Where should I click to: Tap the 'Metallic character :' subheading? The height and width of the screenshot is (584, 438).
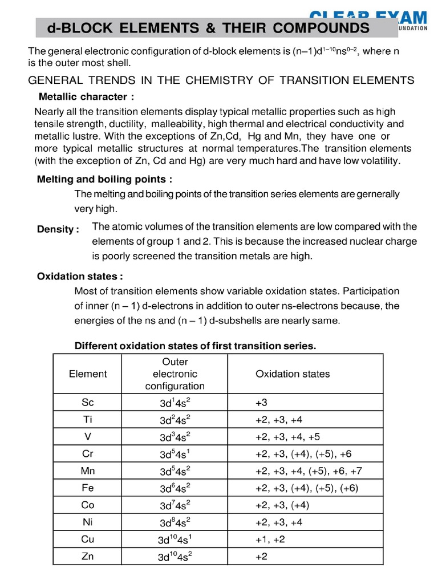click(x=86, y=96)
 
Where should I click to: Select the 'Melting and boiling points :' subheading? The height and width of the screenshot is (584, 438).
click(x=104, y=179)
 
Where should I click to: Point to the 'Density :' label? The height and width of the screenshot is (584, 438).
click(x=58, y=229)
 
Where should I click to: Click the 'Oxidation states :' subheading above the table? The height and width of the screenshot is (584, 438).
click(x=80, y=276)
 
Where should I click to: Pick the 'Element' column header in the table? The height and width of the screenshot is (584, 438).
click(x=87, y=374)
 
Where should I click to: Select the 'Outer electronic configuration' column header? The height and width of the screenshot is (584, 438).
click(x=175, y=374)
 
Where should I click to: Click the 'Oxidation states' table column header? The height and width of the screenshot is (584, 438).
click(x=293, y=374)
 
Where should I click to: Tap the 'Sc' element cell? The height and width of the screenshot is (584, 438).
click(x=87, y=403)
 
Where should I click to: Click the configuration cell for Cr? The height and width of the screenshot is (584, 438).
click(x=175, y=455)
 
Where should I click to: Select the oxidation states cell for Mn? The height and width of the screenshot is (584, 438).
click(x=309, y=471)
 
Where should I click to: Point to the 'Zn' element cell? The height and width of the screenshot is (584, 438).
click(x=87, y=556)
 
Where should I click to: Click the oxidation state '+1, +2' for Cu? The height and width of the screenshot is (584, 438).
click(x=270, y=540)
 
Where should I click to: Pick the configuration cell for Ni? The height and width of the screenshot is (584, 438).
click(x=175, y=522)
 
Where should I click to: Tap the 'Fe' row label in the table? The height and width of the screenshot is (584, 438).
click(x=87, y=488)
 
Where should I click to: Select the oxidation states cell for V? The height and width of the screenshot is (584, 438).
click(x=287, y=437)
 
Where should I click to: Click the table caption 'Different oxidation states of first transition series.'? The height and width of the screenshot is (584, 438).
click(x=195, y=346)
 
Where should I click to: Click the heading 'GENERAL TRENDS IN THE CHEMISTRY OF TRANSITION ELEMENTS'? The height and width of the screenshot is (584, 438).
click(x=221, y=80)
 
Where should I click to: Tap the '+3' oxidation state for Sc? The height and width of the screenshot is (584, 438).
click(x=261, y=403)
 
